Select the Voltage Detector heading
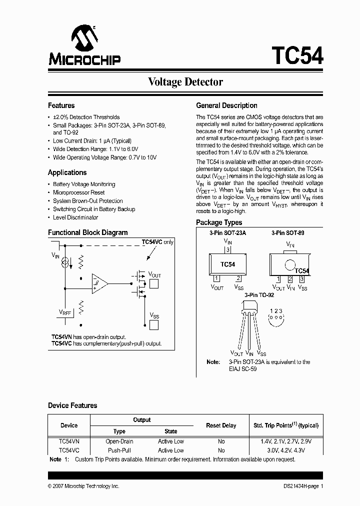(185, 82)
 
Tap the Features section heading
(61, 105)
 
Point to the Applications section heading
(67, 172)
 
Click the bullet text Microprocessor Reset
(79, 192)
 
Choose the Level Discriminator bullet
(75, 217)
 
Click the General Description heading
(226, 105)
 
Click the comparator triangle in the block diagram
(99, 282)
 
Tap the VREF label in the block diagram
(64, 312)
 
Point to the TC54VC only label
(157, 242)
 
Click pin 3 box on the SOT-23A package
(228, 250)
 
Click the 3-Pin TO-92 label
(259, 295)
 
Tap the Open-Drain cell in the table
(119, 441)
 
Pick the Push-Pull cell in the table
(119, 450)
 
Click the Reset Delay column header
(221, 425)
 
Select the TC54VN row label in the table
(69, 441)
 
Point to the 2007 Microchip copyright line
(83, 486)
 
